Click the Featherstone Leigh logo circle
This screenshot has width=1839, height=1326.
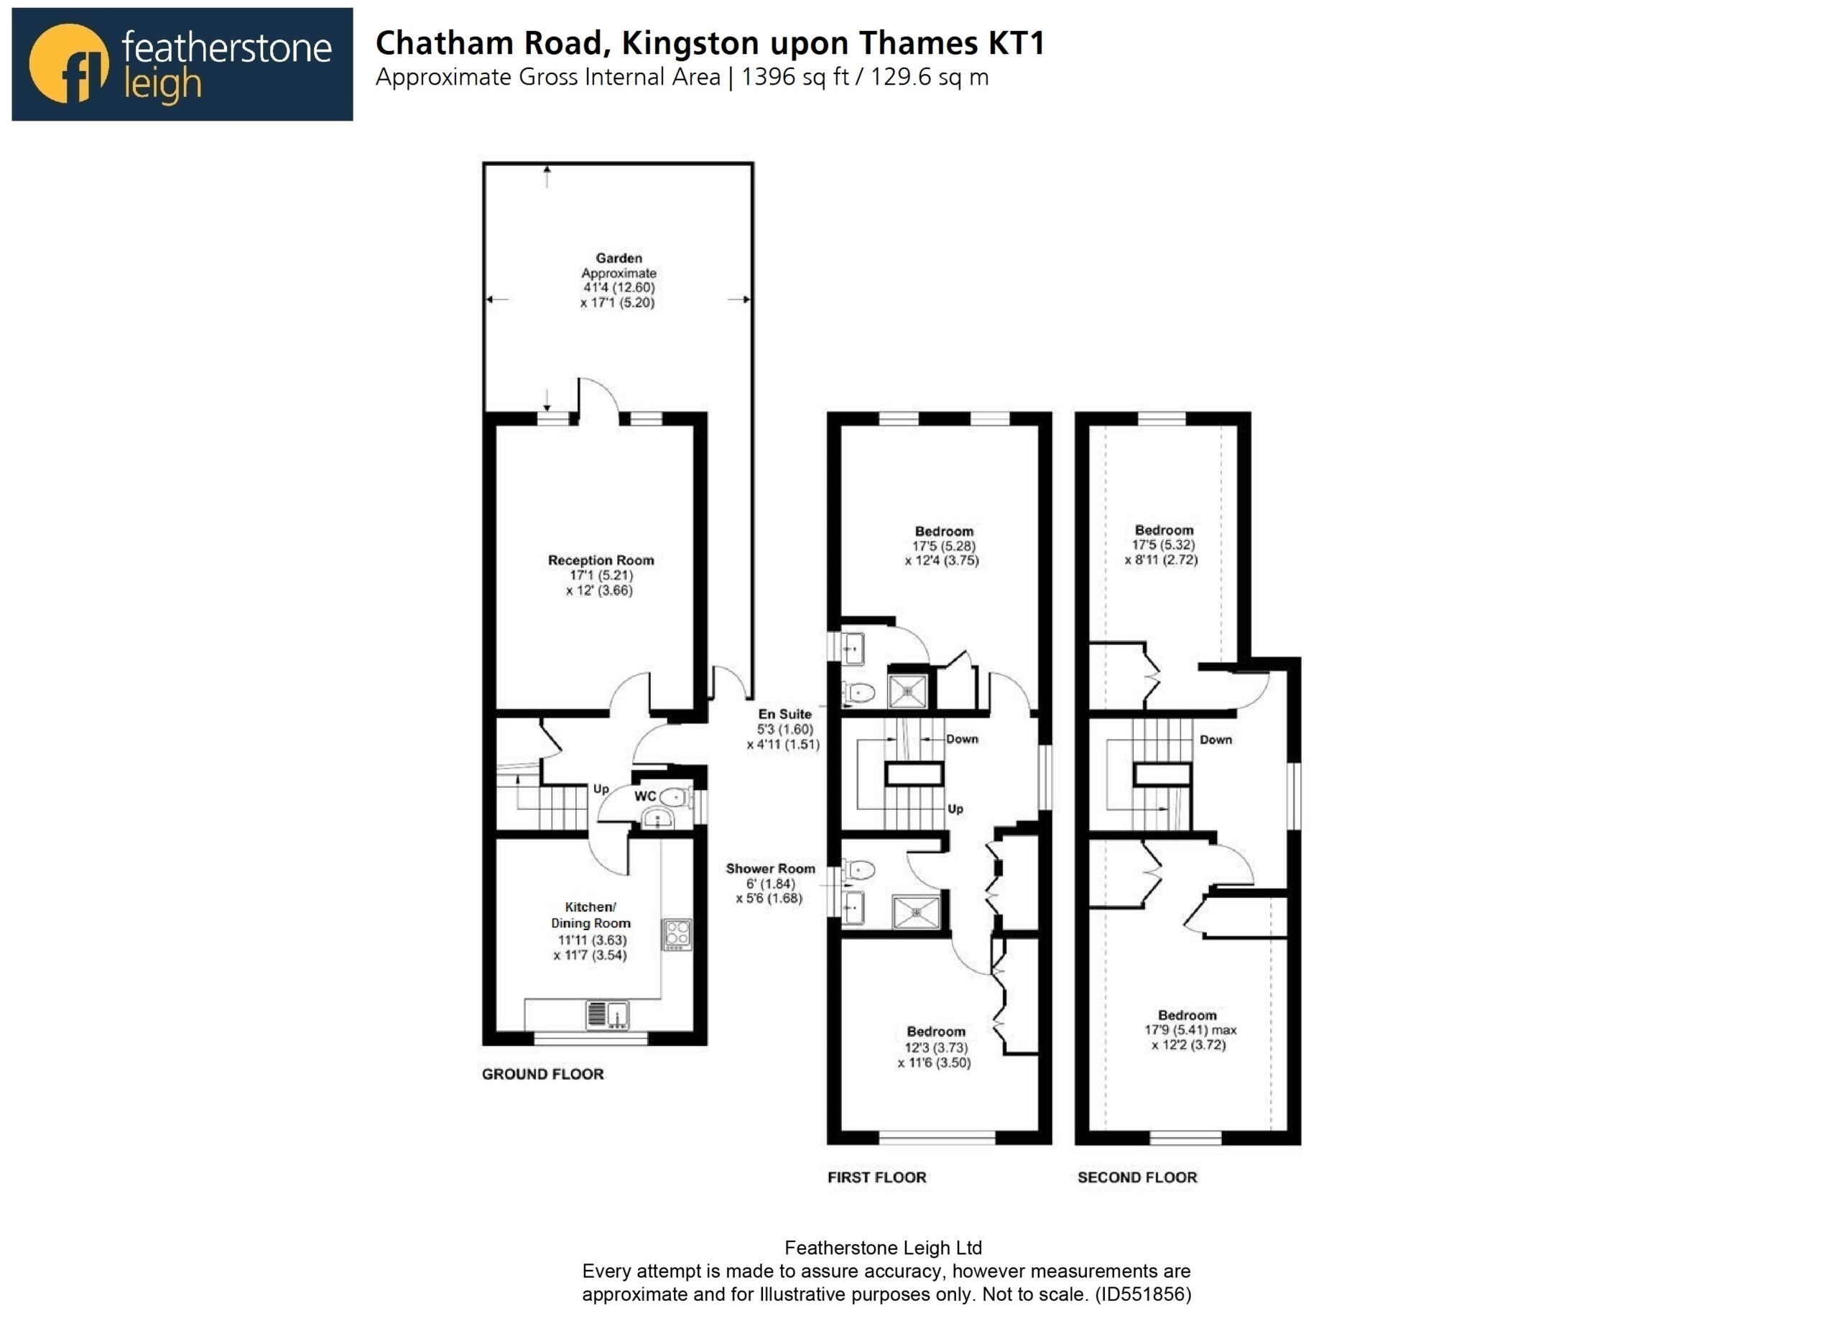tap(68, 63)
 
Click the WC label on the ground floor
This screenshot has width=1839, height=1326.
tap(644, 796)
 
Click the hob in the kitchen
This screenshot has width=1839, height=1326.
tap(677, 934)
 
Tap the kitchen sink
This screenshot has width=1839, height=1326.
tap(607, 1014)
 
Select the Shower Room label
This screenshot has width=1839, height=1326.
tap(770, 868)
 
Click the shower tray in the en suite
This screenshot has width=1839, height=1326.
tap(907, 691)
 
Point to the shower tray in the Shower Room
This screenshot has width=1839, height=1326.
tap(915, 912)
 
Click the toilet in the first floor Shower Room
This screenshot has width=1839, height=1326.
tap(858, 870)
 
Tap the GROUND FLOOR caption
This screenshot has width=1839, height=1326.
tap(542, 1074)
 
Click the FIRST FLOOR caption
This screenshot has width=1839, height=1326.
tap(876, 1177)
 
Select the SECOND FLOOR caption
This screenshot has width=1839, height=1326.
tap(1137, 1177)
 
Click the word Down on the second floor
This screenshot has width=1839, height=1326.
tap(1215, 740)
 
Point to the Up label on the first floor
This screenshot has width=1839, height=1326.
tap(955, 809)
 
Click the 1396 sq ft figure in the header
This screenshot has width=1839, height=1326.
tap(795, 77)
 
